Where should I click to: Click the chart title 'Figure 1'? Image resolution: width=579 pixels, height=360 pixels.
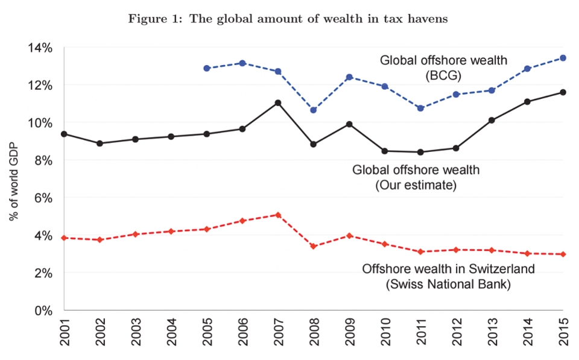coord(289,17)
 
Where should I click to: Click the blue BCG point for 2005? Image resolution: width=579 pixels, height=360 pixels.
coord(206,68)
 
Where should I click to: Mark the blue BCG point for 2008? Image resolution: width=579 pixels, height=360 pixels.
coord(313,110)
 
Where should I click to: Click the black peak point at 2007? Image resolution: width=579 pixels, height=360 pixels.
coord(277,103)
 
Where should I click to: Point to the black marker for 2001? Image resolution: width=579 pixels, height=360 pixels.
coord(63,134)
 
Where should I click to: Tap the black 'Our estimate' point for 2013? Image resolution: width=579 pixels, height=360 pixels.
coord(492,120)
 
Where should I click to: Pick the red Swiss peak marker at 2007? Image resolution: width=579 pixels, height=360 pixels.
coord(277,215)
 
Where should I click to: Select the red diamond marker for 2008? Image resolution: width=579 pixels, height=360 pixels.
coord(313,246)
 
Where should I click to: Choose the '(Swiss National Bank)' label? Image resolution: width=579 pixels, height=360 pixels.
coord(448,284)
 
